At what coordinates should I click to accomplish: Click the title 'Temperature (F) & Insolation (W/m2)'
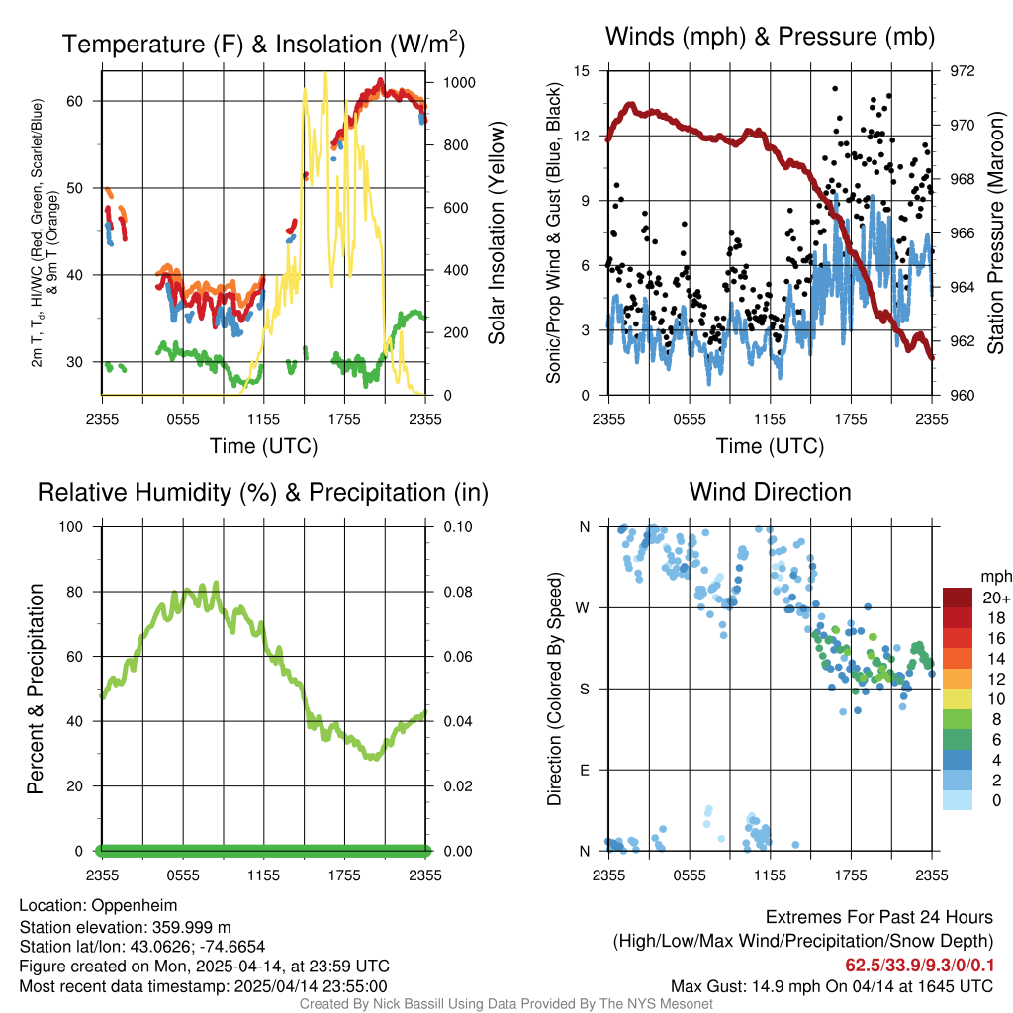[x=263, y=44]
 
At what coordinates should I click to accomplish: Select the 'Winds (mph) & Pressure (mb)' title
[x=770, y=37]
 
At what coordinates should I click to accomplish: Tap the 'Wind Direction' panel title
[x=770, y=491]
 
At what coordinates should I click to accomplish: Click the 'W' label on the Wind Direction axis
[x=584, y=607]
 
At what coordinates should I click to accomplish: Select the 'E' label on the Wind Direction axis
[x=585, y=770]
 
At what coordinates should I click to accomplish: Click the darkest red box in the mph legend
[x=958, y=598]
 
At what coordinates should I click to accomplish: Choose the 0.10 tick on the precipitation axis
[x=453, y=527]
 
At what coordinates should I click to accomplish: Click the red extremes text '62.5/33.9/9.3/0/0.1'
[x=919, y=965]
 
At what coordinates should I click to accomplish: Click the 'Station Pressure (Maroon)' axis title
[x=996, y=233]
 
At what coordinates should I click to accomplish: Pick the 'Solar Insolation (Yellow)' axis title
[x=496, y=233]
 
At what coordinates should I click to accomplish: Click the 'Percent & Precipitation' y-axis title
[x=35, y=689]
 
